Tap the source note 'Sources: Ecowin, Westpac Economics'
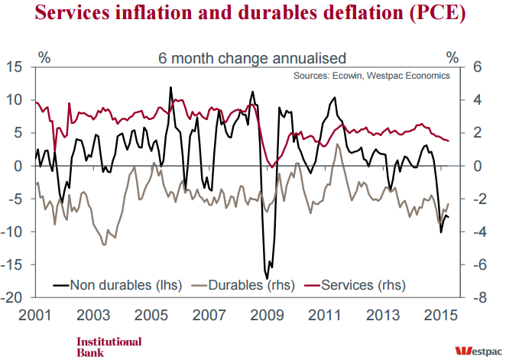(371, 76)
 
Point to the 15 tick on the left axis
(15, 67)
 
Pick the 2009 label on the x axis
(268, 316)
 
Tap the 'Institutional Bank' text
(109, 347)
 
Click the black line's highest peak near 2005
(170, 88)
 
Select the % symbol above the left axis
(44, 57)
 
